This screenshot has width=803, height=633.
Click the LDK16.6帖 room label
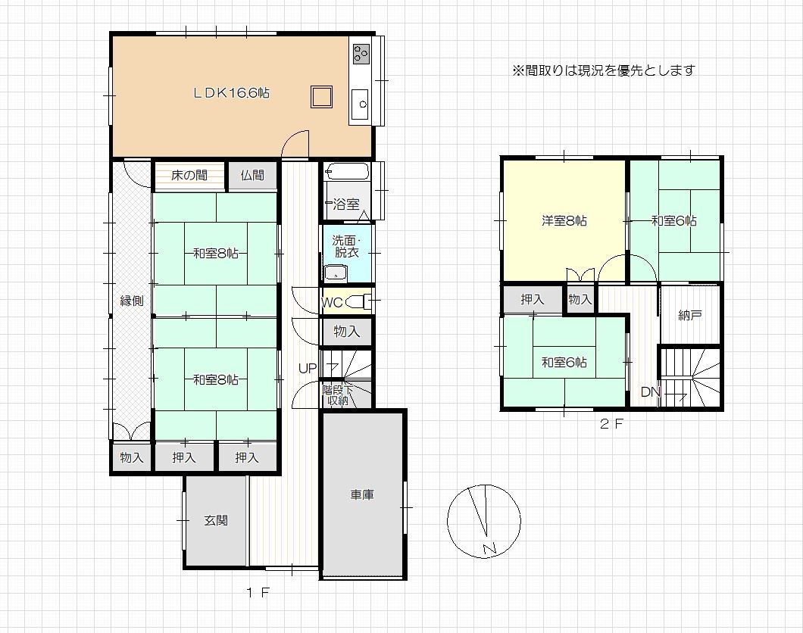click(231, 93)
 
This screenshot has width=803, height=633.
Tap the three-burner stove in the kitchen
click(361, 53)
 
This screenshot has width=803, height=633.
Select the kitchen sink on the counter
click(360, 104)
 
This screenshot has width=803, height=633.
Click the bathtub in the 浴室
click(347, 171)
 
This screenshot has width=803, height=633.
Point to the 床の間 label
click(189, 176)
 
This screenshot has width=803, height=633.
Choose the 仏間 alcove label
click(252, 176)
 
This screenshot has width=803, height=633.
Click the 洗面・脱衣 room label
click(346, 246)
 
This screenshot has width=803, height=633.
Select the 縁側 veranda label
click(132, 301)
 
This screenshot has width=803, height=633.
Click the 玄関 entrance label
click(216, 521)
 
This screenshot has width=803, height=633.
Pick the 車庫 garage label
click(362, 495)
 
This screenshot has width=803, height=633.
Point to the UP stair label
click(308, 369)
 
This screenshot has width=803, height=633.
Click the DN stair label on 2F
click(650, 392)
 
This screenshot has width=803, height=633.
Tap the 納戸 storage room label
click(689, 315)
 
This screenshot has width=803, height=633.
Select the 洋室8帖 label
click(564, 221)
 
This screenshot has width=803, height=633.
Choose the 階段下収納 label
click(337, 395)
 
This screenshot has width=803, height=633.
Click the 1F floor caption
click(258, 593)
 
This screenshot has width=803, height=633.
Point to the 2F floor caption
click(611, 424)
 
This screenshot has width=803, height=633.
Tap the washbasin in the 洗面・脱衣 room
click(336, 274)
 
